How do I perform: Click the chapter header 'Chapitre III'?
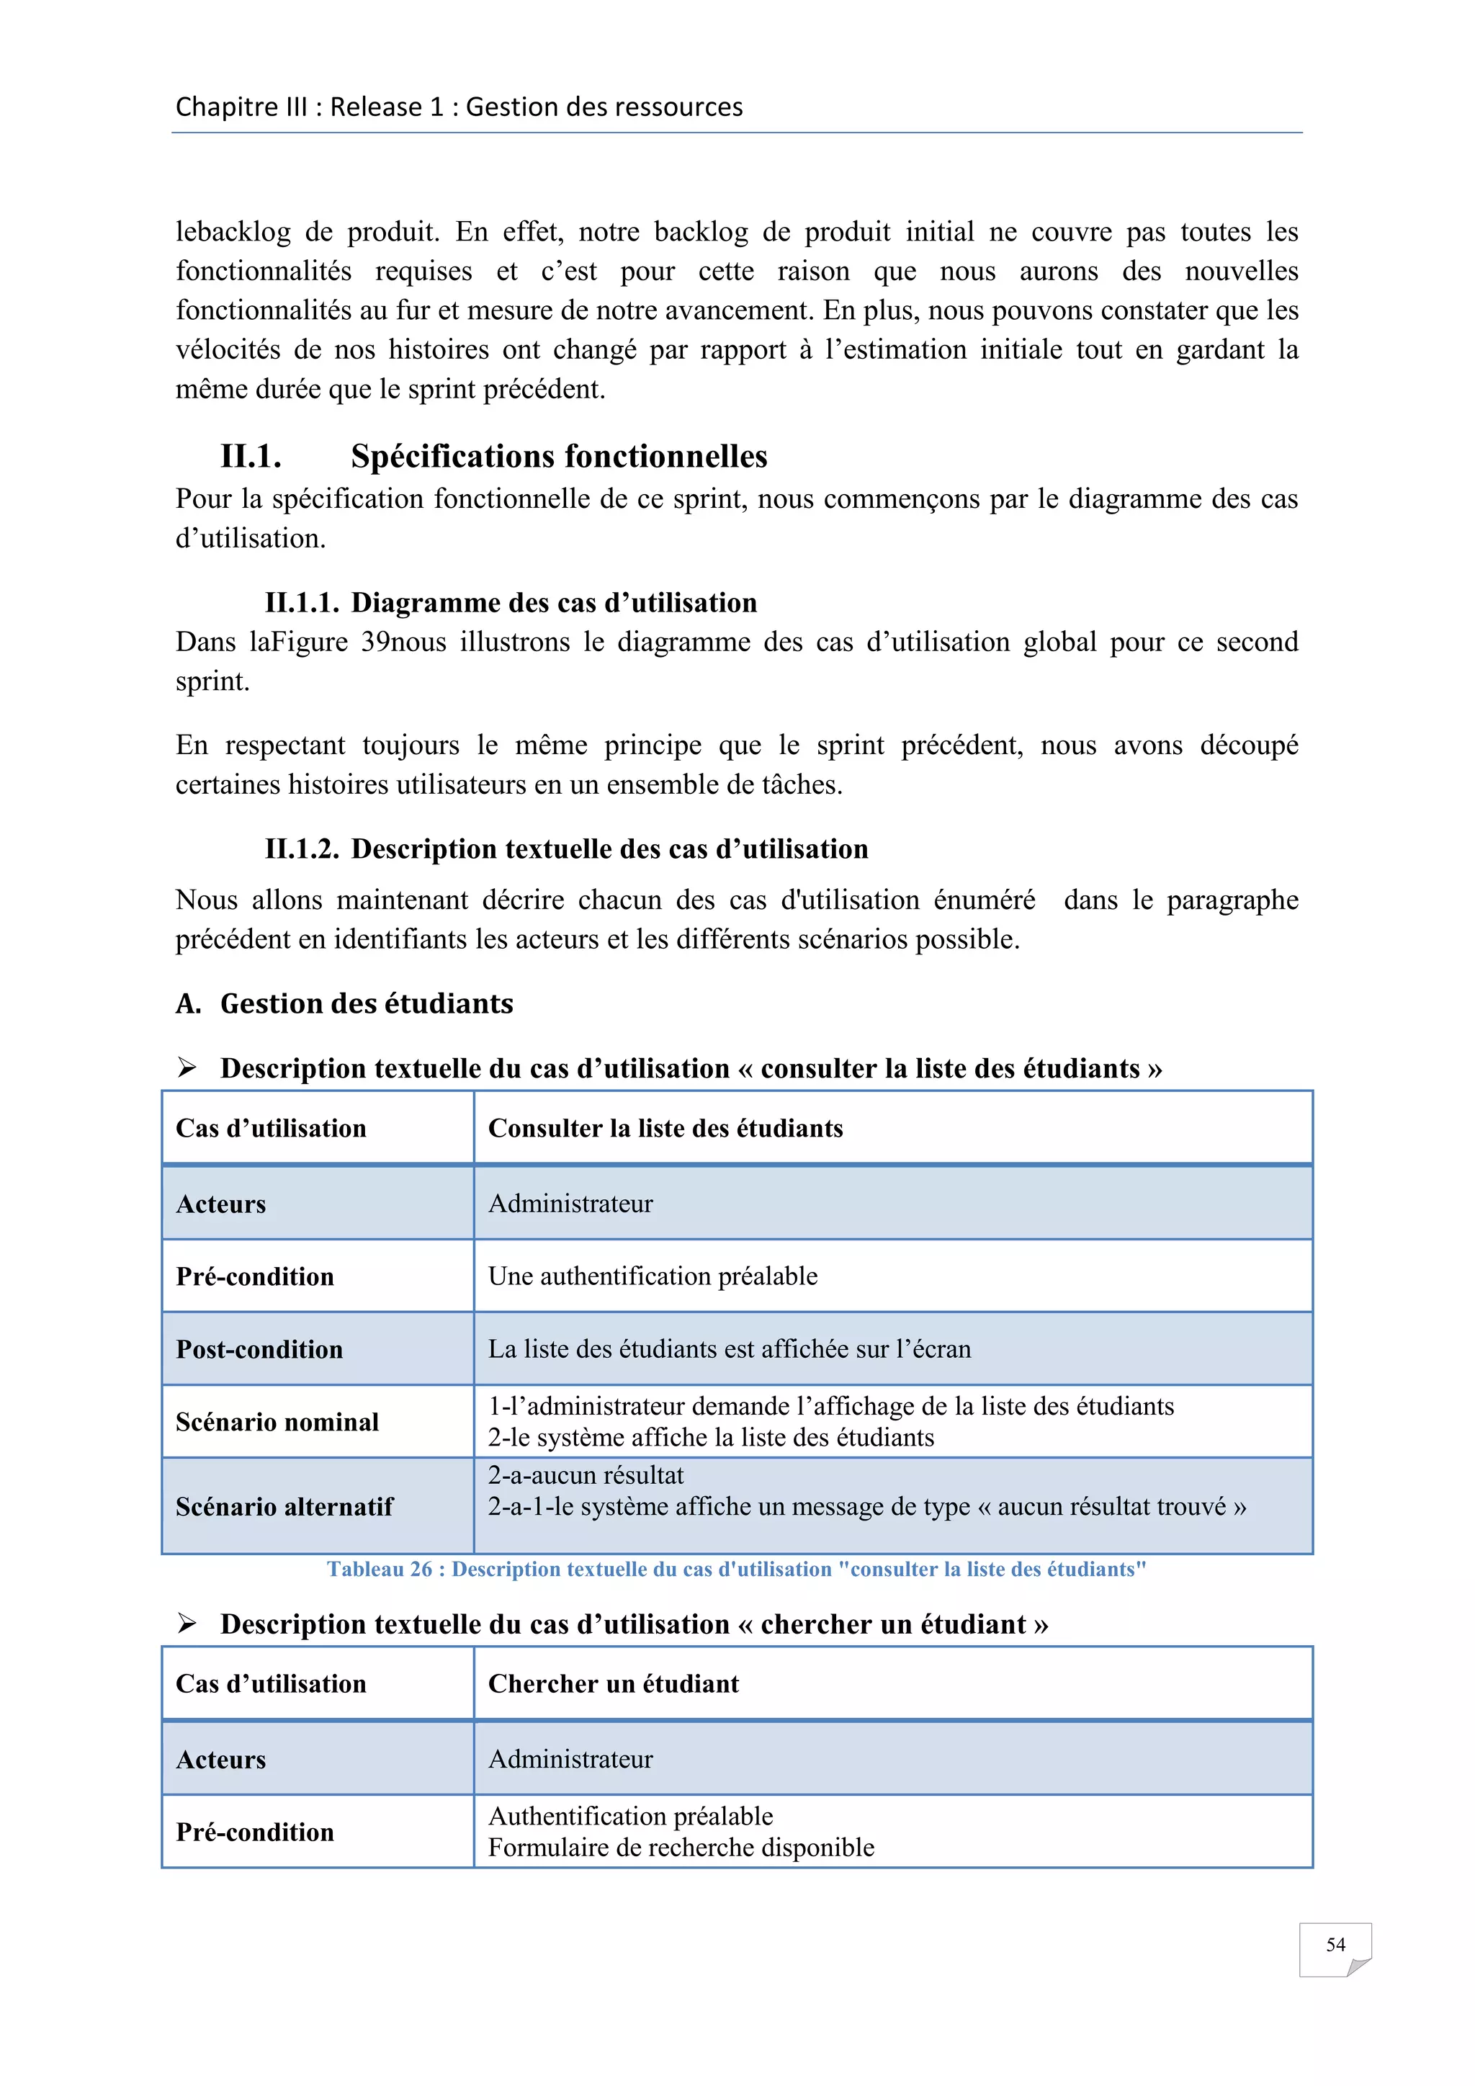pyautogui.click(x=241, y=107)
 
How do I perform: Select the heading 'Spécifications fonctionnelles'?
pyautogui.click(x=559, y=456)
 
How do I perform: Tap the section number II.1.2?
pyautogui.click(x=302, y=849)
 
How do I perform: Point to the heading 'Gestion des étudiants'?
pyautogui.click(x=366, y=1003)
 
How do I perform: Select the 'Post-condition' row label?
pyautogui.click(x=259, y=1349)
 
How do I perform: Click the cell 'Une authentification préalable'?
pyautogui.click(x=652, y=1276)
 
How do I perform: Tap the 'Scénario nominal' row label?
pyautogui.click(x=277, y=1422)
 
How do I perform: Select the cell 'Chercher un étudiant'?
pyautogui.click(x=613, y=1683)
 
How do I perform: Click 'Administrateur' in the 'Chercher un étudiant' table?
pyautogui.click(x=570, y=1759)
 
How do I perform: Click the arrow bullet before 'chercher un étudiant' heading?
pyautogui.click(x=187, y=1624)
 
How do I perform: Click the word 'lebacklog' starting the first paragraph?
pyautogui.click(x=233, y=233)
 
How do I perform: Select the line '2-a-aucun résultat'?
pyautogui.click(x=585, y=1475)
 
